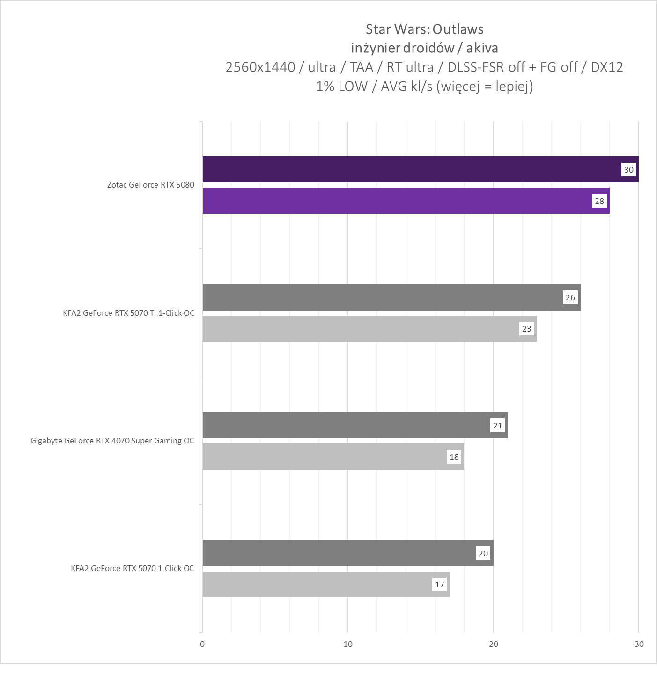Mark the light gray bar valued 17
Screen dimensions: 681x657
[x=318, y=584]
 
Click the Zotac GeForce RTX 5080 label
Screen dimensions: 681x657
[x=150, y=185]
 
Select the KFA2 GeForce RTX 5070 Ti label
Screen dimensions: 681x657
[x=128, y=313]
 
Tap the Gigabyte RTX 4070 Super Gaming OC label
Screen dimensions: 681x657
[x=112, y=441]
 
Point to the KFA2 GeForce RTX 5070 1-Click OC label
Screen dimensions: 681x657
[x=132, y=568]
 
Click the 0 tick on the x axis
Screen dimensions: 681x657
[x=202, y=644]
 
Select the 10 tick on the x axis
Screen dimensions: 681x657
[x=348, y=644]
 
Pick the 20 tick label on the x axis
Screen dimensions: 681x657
[x=494, y=644]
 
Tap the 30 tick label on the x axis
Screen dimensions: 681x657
[x=639, y=644]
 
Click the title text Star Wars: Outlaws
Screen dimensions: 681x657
[x=424, y=29]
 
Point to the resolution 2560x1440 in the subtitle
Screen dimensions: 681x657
[x=260, y=67]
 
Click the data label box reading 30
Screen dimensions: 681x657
[x=628, y=169]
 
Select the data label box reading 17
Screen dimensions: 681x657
[x=439, y=584]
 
